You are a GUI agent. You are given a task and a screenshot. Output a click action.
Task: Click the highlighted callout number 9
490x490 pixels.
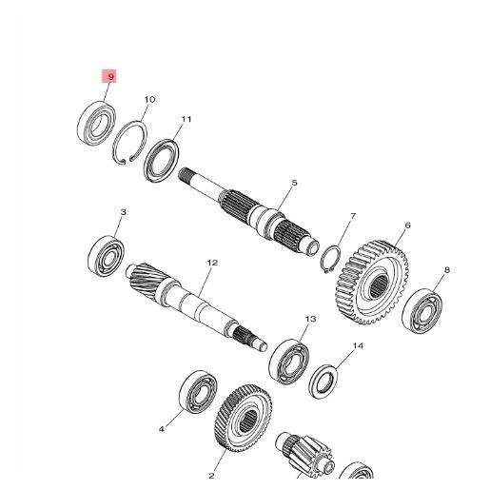pyautogui.click(x=111, y=75)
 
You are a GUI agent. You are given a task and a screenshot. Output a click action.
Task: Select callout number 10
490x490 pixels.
pyautogui.click(x=149, y=100)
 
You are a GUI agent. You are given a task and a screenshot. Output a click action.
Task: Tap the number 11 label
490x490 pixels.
pyautogui.click(x=186, y=119)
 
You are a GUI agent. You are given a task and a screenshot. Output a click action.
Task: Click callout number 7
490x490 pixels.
pyautogui.click(x=351, y=217)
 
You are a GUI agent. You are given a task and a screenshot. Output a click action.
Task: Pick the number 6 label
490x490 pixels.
pyautogui.click(x=407, y=225)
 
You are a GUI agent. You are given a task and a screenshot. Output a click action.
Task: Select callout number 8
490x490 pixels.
pyautogui.click(x=446, y=270)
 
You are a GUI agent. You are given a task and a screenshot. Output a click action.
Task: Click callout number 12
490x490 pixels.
pyautogui.click(x=212, y=262)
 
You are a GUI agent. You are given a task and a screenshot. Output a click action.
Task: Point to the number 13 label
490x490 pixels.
pyautogui.click(x=309, y=319)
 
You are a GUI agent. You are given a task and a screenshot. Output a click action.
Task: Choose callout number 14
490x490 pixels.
pyautogui.click(x=359, y=346)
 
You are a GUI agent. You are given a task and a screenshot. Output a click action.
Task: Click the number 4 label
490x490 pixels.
pyautogui.click(x=161, y=429)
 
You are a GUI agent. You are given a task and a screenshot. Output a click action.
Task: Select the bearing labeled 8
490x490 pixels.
pyautogui.click(x=423, y=310)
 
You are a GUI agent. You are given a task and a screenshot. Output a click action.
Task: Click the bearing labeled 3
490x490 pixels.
pyautogui.click(x=108, y=255)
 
